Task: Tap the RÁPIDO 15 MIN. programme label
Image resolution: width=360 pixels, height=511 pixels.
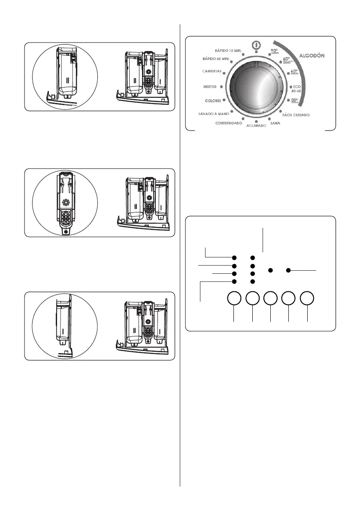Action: [229, 51]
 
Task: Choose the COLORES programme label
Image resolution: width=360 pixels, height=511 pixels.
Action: [212, 101]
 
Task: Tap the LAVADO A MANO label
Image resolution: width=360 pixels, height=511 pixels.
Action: [213, 115]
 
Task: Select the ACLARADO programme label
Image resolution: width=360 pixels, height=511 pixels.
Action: [257, 126]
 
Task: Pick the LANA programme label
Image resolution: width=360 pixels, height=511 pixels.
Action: [275, 123]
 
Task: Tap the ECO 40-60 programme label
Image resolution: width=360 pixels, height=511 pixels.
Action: [297, 89]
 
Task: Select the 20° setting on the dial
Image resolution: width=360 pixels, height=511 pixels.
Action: [294, 101]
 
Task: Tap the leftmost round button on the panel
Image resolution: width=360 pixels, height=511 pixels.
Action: [234, 299]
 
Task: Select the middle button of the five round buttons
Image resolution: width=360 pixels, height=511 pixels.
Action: [270, 299]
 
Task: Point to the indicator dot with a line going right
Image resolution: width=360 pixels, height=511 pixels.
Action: [289, 270]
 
